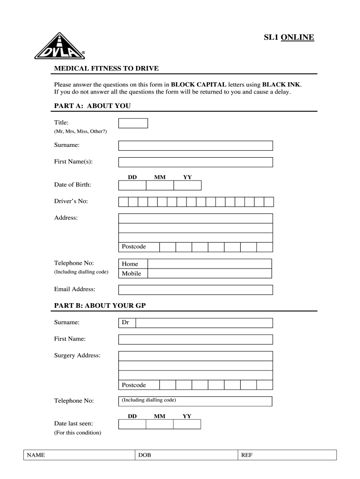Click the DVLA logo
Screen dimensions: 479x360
pyautogui.click(x=60, y=48)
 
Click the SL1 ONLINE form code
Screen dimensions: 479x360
pyautogui.click(x=288, y=37)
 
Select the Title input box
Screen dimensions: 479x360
pyautogui.click(x=133, y=123)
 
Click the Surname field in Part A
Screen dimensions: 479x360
pyautogui.click(x=195, y=145)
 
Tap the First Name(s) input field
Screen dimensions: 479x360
pyautogui.click(x=195, y=162)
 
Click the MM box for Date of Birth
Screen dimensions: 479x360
pyautogui.click(x=160, y=186)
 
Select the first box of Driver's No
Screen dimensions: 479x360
pyautogui.click(x=123, y=202)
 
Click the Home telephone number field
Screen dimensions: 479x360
pyautogui.click(x=209, y=264)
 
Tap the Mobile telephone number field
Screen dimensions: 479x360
pyautogui.click(x=209, y=274)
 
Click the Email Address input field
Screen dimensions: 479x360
pyautogui.click(x=195, y=290)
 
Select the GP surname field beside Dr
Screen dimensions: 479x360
pyautogui.click(x=204, y=323)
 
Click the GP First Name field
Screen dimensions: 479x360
pyautogui.click(x=195, y=339)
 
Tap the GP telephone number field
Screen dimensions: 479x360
pyautogui.click(x=195, y=401)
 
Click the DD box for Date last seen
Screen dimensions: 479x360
pyautogui.click(x=132, y=424)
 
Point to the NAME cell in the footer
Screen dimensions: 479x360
pyautogui.click(x=79, y=455)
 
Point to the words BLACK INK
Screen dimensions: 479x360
pyautogui.click(x=281, y=85)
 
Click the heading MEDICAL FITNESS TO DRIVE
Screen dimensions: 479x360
pyautogui.click(x=107, y=69)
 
